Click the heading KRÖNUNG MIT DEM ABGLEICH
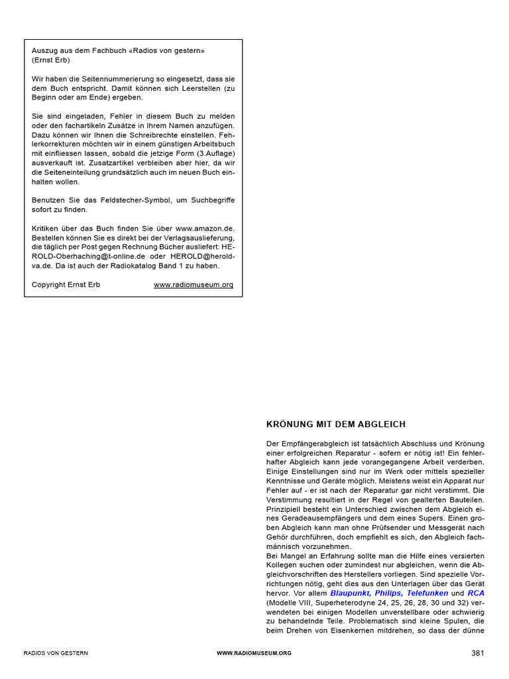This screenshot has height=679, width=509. pyautogui.click(x=335, y=424)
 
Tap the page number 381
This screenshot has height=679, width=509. pyautogui.click(x=478, y=653)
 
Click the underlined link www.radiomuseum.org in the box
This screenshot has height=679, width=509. pyautogui.click(x=194, y=285)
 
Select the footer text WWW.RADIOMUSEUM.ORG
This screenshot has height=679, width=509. pyautogui.click(x=254, y=654)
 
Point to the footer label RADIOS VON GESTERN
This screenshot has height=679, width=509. pyautogui.click(x=56, y=654)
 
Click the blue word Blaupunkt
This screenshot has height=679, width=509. pyautogui.click(x=351, y=593)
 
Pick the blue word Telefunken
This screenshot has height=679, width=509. pyautogui.click(x=426, y=593)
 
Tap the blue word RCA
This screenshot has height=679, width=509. pyautogui.click(x=476, y=593)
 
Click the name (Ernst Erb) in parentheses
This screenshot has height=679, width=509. pyautogui.click(x=50, y=60)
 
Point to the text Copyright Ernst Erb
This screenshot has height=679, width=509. pyautogui.click(x=66, y=285)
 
